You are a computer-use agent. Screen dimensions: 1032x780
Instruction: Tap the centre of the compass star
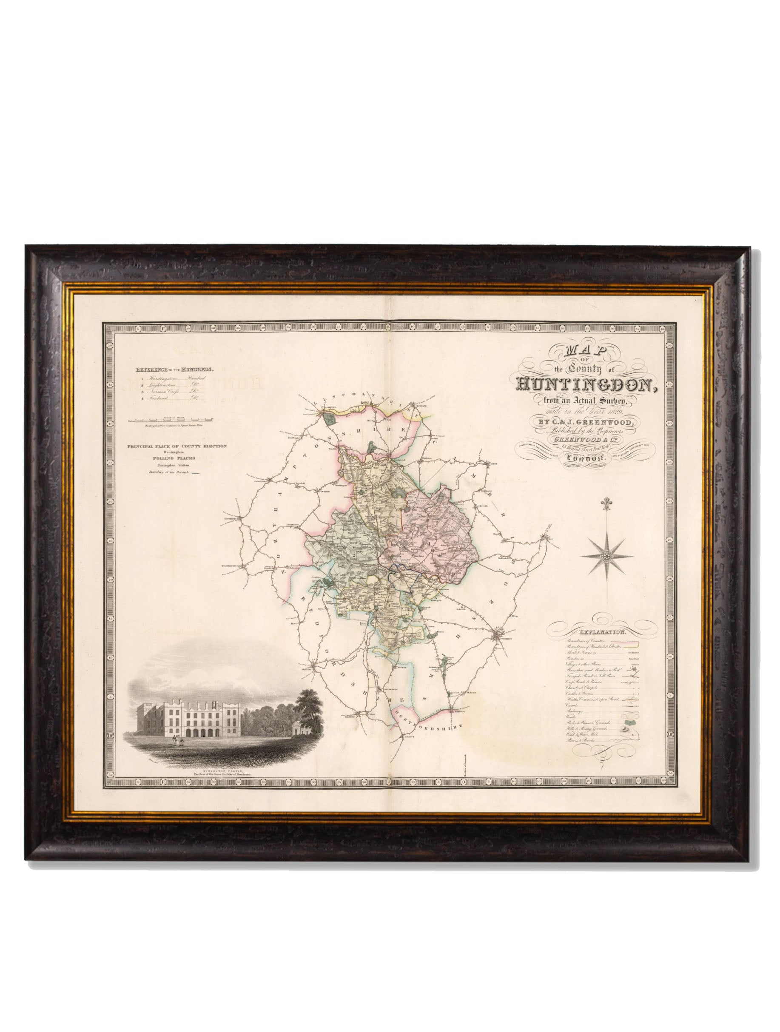coord(606,557)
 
